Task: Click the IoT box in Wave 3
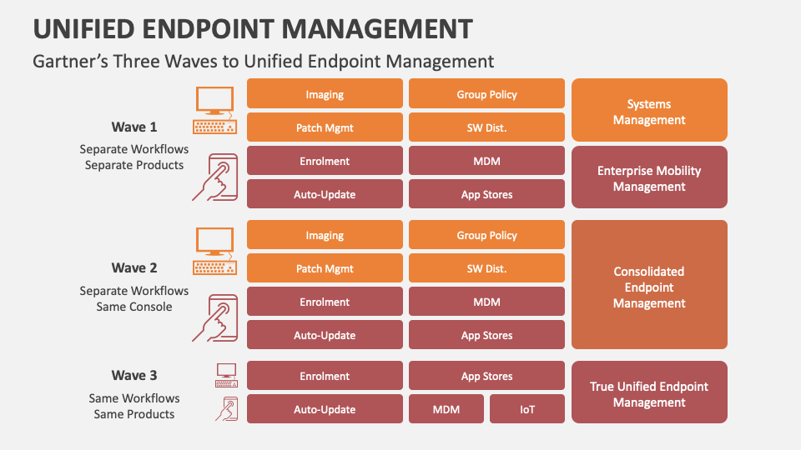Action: (x=526, y=409)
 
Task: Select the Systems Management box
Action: (x=649, y=110)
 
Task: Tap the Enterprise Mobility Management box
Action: (x=649, y=177)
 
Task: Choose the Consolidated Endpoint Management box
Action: (x=649, y=285)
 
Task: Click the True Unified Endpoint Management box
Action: (x=649, y=393)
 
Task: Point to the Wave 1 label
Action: (x=134, y=127)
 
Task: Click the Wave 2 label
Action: (x=134, y=267)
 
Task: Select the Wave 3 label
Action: (x=134, y=375)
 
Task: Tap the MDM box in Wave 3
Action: (x=446, y=409)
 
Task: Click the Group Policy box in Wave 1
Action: (x=486, y=94)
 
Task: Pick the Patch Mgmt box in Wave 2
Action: (x=325, y=268)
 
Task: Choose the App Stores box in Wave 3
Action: (x=486, y=376)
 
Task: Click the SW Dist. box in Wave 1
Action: (x=486, y=127)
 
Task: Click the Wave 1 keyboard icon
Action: (x=214, y=127)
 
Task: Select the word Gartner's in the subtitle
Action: (x=68, y=61)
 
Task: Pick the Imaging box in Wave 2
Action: (x=325, y=235)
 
